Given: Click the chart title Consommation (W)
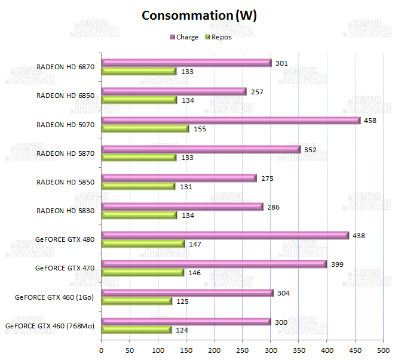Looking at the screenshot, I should click(199, 16).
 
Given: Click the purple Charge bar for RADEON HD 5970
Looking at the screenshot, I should click(231, 120).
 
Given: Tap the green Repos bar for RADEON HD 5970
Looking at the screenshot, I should click(145, 128).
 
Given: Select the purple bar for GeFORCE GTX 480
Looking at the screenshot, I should click(225, 235).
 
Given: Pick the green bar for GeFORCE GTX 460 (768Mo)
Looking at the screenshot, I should click(136, 330).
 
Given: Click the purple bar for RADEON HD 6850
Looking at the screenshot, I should click(174, 91).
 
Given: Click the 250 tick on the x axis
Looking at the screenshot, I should click(242, 349).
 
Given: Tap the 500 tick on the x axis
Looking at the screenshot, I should click(383, 349).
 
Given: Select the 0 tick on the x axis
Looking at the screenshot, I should click(102, 349).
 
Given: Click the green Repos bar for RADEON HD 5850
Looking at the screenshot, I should click(138, 186).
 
